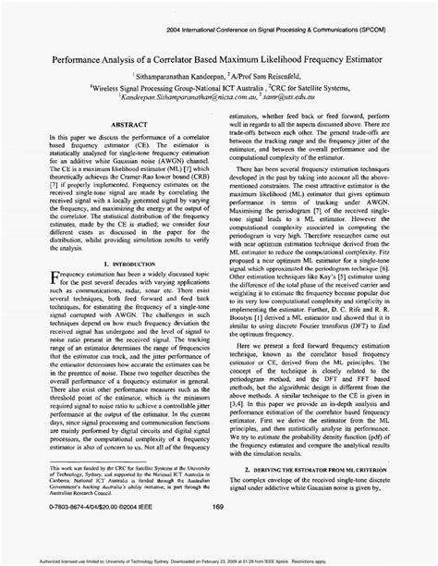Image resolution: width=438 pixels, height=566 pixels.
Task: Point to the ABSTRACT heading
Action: pyautogui.click(x=118, y=147)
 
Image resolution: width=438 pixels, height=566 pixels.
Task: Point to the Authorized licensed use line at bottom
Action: pyautogui.click(x=218, y=559)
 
